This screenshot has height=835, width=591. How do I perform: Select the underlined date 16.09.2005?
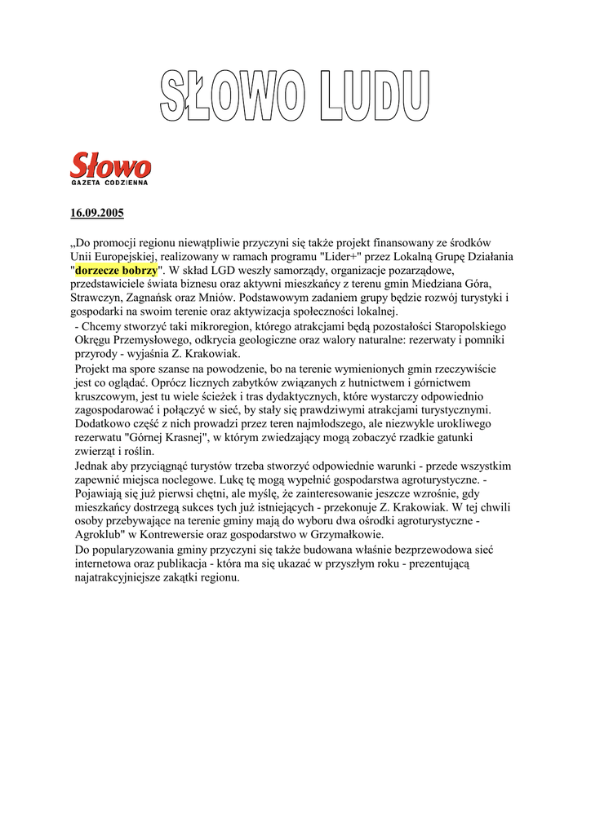[97, 214]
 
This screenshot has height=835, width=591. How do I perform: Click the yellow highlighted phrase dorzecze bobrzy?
[116, 269]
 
